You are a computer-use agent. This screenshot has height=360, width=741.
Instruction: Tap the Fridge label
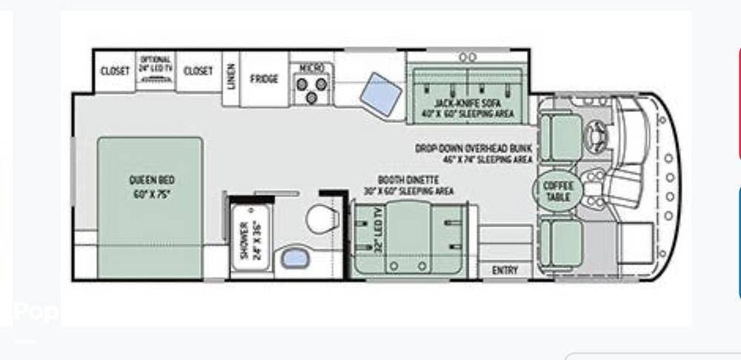coord(264,79)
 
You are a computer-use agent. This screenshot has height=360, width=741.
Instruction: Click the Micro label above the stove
coord(310,67)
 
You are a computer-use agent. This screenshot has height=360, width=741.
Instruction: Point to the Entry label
coord(505,270)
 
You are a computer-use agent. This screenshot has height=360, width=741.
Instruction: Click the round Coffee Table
coord(557,191)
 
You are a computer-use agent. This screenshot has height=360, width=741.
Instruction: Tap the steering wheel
coord(597,135)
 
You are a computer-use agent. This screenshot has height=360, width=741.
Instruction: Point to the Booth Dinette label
coord(409,185)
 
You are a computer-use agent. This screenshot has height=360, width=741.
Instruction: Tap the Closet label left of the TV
coord(115,71)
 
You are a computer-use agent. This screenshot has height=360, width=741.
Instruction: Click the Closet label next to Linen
coord(198,71)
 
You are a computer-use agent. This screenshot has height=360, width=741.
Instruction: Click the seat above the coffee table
coord(561,137)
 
